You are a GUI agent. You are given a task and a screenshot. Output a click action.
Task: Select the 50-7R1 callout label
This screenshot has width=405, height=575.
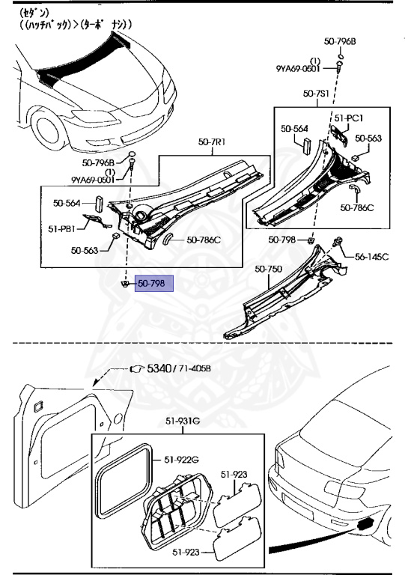pos(212,142)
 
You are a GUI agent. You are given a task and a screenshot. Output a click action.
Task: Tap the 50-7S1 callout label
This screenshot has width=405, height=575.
pos(316,94)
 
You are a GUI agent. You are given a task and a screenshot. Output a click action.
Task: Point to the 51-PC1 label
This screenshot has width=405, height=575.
pos(349,118)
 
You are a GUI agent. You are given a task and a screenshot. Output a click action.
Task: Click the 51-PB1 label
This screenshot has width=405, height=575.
pos(61,229)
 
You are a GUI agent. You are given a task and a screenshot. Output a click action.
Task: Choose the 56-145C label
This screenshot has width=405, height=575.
pos(371,257)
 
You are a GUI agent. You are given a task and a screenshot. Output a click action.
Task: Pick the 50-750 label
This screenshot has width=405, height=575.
pos(268,270)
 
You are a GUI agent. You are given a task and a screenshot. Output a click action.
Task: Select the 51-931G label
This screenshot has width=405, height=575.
pos(182,421)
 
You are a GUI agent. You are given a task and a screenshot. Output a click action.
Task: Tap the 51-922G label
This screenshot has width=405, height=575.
pos(181,460)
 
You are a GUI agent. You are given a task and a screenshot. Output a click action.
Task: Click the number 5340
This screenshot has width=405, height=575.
pos(159,368)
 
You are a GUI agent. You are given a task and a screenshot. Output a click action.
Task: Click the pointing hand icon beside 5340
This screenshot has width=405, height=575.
pos(138,368)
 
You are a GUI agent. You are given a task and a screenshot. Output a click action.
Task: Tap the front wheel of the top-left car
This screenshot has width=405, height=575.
pos(47,131)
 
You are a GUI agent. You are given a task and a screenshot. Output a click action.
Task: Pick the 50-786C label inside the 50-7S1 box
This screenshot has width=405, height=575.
pos(356,207)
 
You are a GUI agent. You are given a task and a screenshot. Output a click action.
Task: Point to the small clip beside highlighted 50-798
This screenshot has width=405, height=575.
pos(125,284)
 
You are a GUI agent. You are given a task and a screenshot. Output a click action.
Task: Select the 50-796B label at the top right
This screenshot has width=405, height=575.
pos(340,41)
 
